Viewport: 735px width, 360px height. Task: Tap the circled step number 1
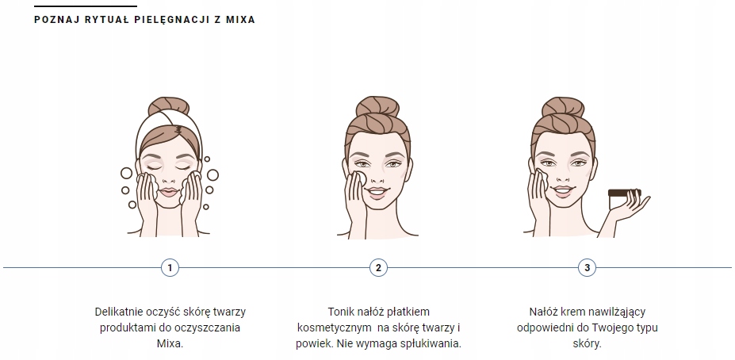tap(169, 267)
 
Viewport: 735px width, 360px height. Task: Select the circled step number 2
tap(378, 267)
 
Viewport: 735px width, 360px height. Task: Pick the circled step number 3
tap(587, 267)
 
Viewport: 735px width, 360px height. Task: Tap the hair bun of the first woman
tap(168, 108)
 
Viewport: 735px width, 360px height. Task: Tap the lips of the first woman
tap(168, 192)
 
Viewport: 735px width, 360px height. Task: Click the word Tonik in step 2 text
tap(342, 312)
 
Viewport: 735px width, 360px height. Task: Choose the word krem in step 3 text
tap(572, 312)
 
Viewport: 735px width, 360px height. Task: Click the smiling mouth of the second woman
tap(377, 192)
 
